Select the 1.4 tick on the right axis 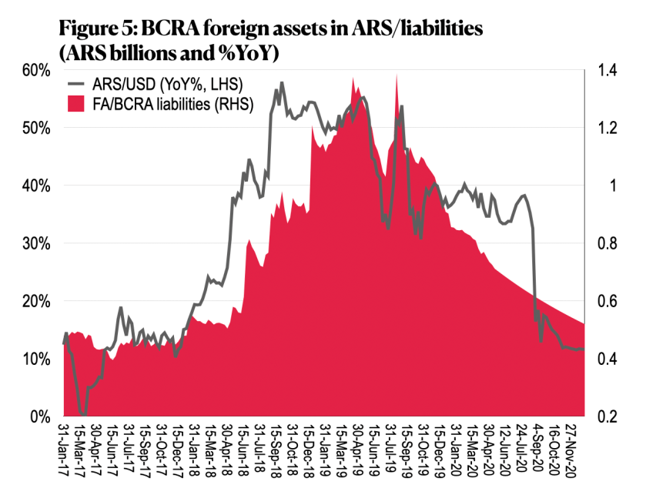(x=606, y=70)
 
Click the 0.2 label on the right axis (x=606, y=416)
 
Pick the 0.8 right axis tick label (x=606, y=243)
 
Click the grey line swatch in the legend (x=79, y=84)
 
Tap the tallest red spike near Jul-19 (x=396, y=75)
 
